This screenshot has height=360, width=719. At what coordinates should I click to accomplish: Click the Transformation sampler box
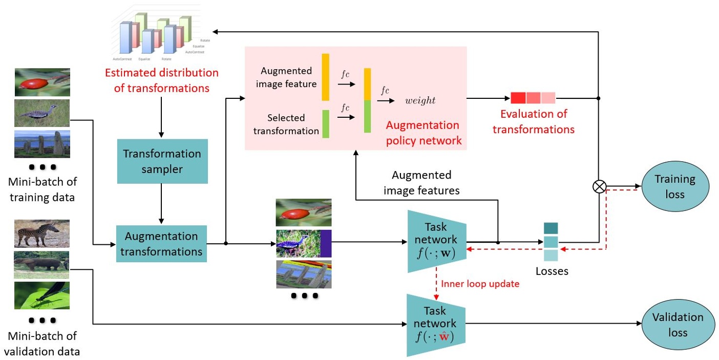coord(162,161)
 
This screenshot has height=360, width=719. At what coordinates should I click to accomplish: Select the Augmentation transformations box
coord(161,244)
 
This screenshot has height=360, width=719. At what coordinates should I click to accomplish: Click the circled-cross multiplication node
coord(599,187)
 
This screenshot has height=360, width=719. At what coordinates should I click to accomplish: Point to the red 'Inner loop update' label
coord(480,284)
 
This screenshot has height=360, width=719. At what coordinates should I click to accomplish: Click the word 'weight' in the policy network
coord(420,100)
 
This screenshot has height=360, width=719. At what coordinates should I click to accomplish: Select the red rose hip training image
coord(42,82)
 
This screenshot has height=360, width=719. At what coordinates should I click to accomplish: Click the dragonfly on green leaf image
coord(41,295)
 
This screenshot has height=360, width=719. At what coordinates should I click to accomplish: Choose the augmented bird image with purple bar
coord(304,243)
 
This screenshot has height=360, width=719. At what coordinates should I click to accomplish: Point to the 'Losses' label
coord(552,271)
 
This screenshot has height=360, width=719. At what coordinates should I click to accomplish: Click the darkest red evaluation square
coord(518,98)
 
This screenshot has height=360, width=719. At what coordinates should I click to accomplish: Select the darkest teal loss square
coord(551,228)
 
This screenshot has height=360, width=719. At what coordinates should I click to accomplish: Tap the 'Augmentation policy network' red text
coord(422,133)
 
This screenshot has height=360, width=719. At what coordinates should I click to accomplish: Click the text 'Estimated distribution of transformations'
coord(161,80)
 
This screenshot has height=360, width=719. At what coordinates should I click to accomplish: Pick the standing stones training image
coord(42,144)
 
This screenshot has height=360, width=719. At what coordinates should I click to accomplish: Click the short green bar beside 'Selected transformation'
coord(325,124)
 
